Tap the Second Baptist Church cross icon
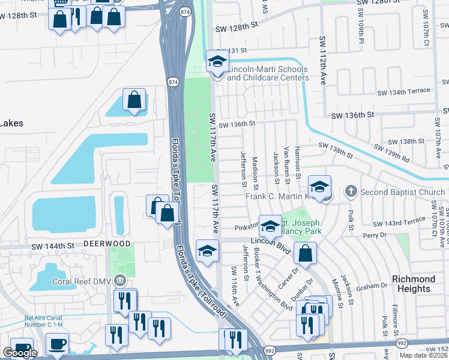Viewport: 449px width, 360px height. pos(351,192)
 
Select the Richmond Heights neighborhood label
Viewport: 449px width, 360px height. pos(414,284)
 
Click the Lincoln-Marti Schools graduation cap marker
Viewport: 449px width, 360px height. pos(217,61)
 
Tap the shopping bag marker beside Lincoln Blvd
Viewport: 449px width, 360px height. pos(306,253)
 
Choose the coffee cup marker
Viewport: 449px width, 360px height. pos(57,345)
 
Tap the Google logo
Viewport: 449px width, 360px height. pos(20,353)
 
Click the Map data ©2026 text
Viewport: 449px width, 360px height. pos(423,355)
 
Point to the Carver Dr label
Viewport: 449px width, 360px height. pos(289,277)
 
